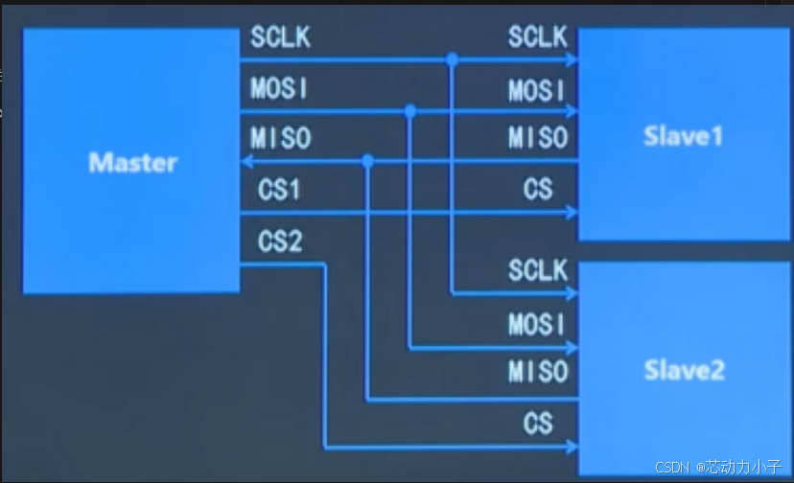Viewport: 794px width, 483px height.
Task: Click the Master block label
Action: point(133,162)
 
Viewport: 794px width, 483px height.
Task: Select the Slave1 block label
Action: point(683,136)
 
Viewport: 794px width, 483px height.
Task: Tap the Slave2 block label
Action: point(683,370)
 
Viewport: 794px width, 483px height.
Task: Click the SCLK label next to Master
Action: point(280,38)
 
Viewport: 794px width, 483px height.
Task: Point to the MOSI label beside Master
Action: point(280,88)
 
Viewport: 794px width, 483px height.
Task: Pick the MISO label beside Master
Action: point(280,138)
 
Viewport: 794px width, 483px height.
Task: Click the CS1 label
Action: point(279,190)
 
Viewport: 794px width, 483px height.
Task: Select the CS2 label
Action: point(279,241)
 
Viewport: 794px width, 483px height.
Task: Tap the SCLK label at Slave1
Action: point(538,38)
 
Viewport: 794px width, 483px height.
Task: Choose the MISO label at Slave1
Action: point(538,139)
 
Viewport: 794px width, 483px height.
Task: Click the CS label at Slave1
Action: point(538,189)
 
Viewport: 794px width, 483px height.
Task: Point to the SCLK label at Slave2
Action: point(538,271)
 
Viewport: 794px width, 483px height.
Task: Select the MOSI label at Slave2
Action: point(538,324)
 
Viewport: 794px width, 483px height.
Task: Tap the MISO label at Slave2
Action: point(538,371)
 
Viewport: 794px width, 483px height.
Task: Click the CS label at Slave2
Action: point(538,422)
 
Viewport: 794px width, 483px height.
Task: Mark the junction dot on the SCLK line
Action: point(452,60)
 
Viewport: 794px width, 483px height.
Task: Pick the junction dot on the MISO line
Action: point(368,162)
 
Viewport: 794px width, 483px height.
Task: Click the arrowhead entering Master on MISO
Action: point(245,162)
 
